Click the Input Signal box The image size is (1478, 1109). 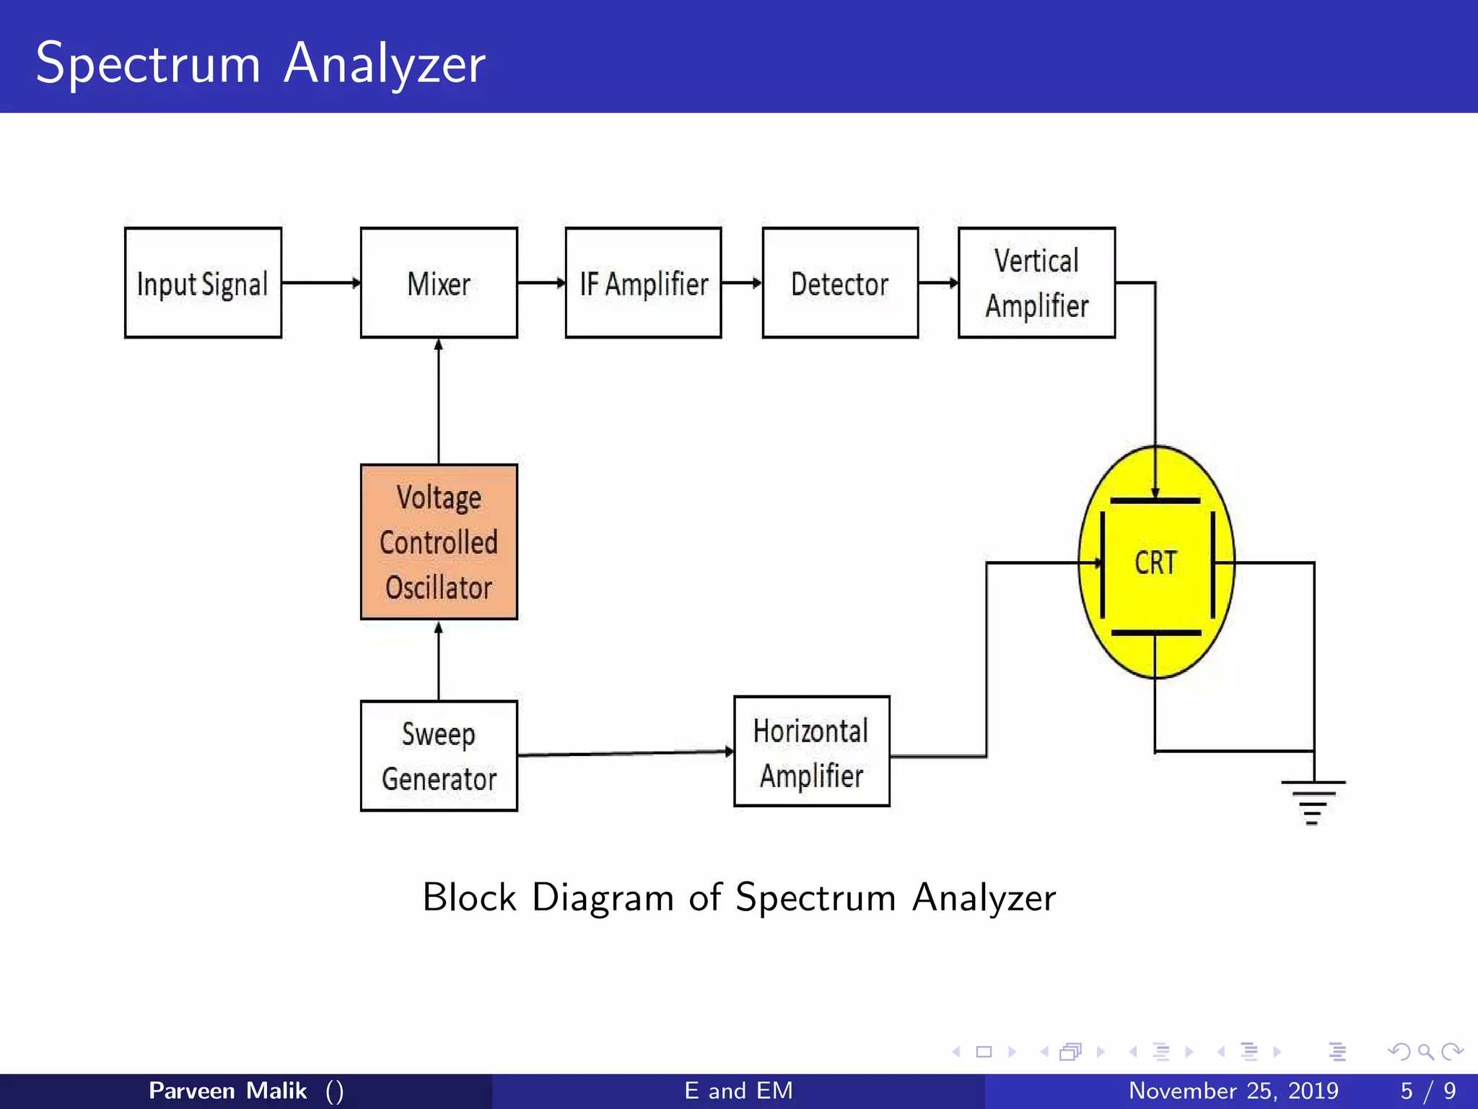click(203, 283)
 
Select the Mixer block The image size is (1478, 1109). click(439, 283)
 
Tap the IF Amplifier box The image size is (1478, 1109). click(643, 283)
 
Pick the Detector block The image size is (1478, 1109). click(840, 283)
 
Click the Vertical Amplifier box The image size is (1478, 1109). click(1036, 283)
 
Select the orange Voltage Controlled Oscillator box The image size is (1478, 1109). click(439, 542)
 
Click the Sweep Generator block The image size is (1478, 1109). click(439, 756)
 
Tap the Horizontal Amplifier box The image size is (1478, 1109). click(811, 752)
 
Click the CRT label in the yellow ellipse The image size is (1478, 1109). click(1155, 562)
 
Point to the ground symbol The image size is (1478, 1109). click(1313, 801)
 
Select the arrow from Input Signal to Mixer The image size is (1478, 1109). click(321, 283)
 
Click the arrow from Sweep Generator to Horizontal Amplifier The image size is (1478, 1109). click(625, 753)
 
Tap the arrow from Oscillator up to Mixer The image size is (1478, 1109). click(439, 401)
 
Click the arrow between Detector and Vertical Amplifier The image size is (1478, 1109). click(938, 283)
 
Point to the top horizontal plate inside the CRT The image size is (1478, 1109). click(1155, 500)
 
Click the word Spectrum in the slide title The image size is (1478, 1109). click(148, 64)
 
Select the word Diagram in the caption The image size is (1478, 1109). click(603, 897)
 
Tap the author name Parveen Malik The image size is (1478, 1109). click(227, 1090)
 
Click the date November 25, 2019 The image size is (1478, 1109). click(1233, 1090)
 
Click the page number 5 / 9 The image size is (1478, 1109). click(1427, 1090)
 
